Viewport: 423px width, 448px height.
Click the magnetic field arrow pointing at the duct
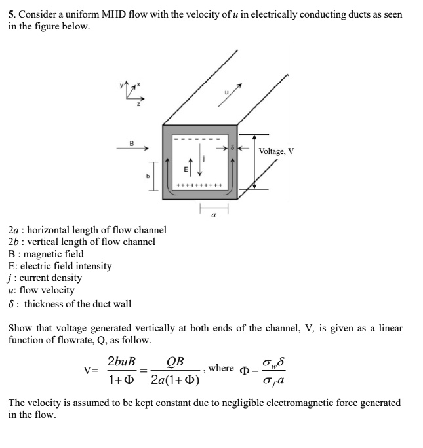pyautogui.click(x=131, y=149)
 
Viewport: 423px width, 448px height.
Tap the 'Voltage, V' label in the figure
pyautogui.click(x=276, y=151)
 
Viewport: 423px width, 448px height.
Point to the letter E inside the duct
pyautogui.click(x=185, y=169)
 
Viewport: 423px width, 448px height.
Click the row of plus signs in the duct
pyautogui.click(x=199, y=185)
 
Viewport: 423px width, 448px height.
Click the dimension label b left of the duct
pyautogui.click(x=148, y=177)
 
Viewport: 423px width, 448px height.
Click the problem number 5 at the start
pyautogui.click(x=11, y=14)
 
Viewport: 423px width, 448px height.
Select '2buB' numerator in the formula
pyautogui.click(x=121, y=362)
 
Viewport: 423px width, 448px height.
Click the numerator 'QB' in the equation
pyautogui.click(x=175, y=362)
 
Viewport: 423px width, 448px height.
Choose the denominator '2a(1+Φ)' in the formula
pyautogui.click(x=175, y=380)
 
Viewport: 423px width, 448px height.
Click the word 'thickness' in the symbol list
pyautogui.click(x=44, y=303)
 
